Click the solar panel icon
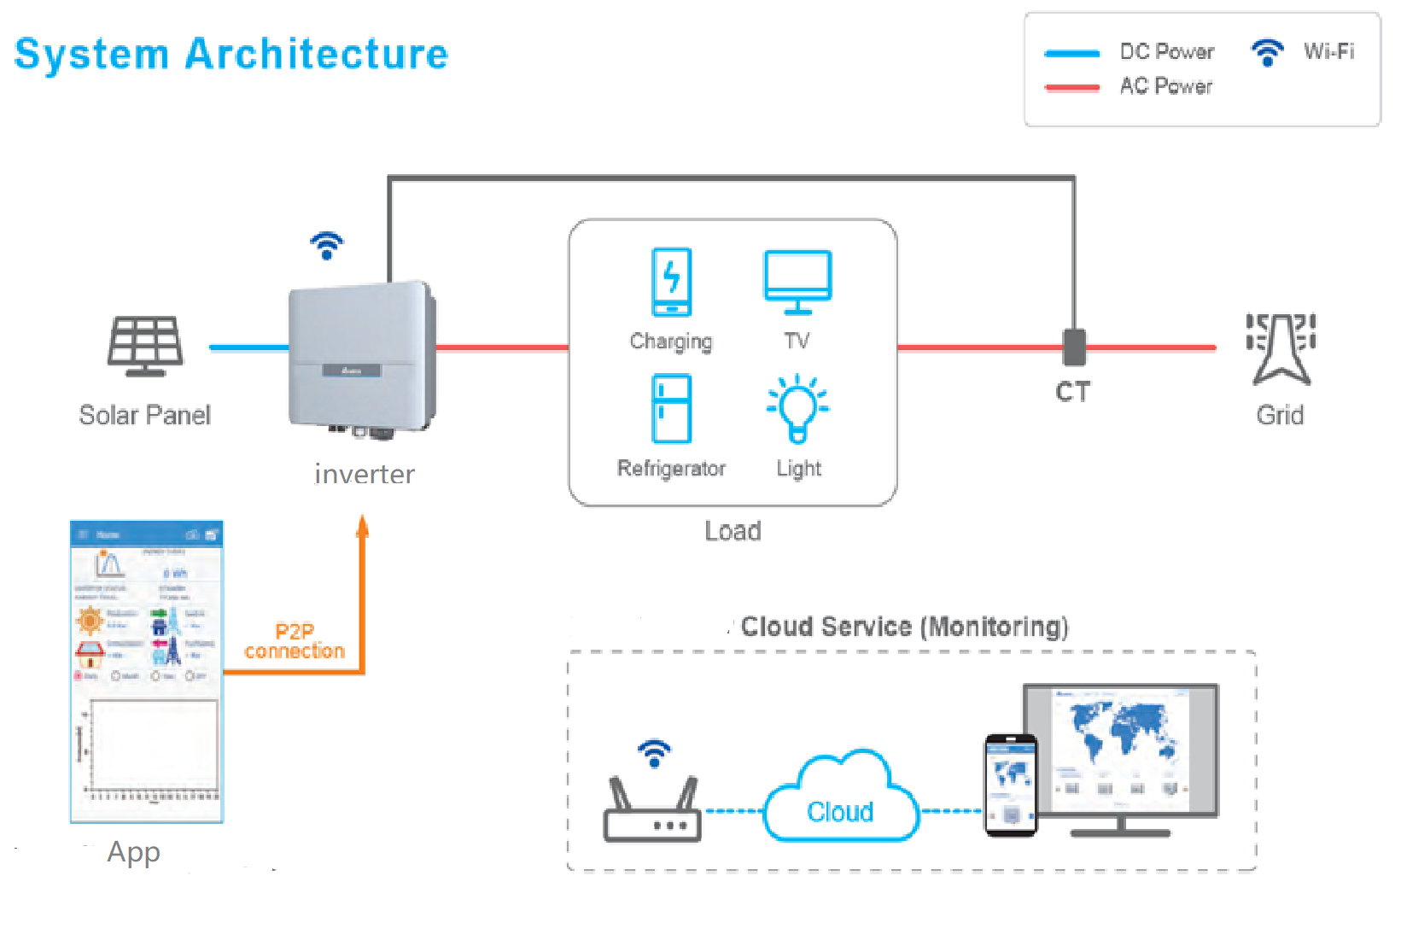click(145, 346)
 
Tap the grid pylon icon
click(1280, 348)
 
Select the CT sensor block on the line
click(1074, 347)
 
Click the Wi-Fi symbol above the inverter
click(326, 245)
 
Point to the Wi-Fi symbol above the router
click(654, 753)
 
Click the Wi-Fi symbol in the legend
click(1267, 53)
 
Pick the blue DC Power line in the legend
click(1072, 54)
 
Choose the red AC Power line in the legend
click(1072, 87)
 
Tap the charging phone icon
click(672, 282)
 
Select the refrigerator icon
click(672, 408)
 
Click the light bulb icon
click(797, 408)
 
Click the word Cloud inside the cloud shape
click(840, 812)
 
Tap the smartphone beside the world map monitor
click(1011, 785)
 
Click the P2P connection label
click(295, 641)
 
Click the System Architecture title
click(231, 54)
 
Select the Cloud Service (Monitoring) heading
click(904, 627)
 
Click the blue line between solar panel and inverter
click(248, 347)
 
